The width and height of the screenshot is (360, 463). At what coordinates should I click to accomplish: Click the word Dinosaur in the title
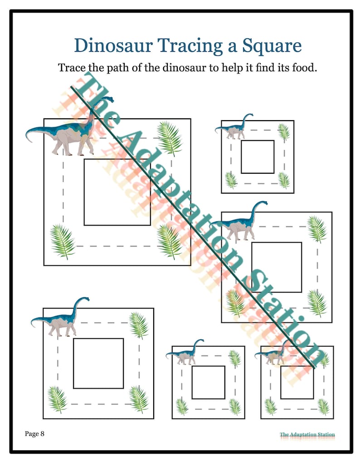pyautogui.click(x=113, y=46)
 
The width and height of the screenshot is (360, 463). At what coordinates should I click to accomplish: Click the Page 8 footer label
pyautogui.click(x=34, y=434)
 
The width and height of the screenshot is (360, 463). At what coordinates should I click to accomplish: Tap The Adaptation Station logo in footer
pyautogui.click(x=307, y=434)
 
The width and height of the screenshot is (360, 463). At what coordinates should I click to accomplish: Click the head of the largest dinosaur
pyautogui.click(x=108, y=99)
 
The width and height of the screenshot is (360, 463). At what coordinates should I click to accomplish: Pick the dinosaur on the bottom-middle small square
pyautogui.click(x=185, y=352)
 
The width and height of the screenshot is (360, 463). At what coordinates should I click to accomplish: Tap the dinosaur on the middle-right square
pyautogui.click(x=239, y=221)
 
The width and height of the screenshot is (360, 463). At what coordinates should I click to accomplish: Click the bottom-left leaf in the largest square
pyautogui.click(x=62, y=241)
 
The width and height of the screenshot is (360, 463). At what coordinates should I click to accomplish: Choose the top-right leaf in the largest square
pyautogui.click(x=170, y=138)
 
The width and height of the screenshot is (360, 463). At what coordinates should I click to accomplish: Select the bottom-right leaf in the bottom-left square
pyautogui.click(x=139, y=399)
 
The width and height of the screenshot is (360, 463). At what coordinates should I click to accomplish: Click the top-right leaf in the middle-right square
pyautogui.click(x=317, y=229)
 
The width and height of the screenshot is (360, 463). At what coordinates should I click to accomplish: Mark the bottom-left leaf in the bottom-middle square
pyautogui.click(x=182, y=406)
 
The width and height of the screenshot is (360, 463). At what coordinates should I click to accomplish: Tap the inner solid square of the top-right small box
pyautogui.click(x=258, y=141)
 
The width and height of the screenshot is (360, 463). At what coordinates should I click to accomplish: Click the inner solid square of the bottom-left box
pyautogui.click(x=98, y=339)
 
